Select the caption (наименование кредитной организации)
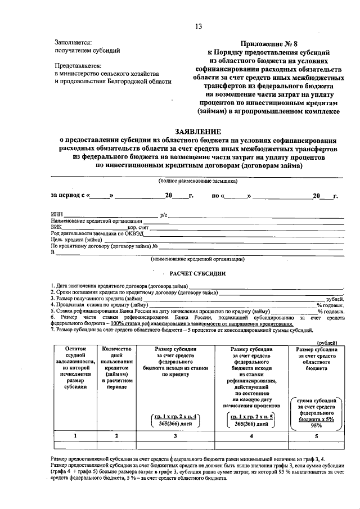pos(197,259)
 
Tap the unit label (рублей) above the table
pos(327,342)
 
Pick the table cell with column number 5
pos(316,435)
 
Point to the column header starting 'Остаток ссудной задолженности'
pos(74,368)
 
